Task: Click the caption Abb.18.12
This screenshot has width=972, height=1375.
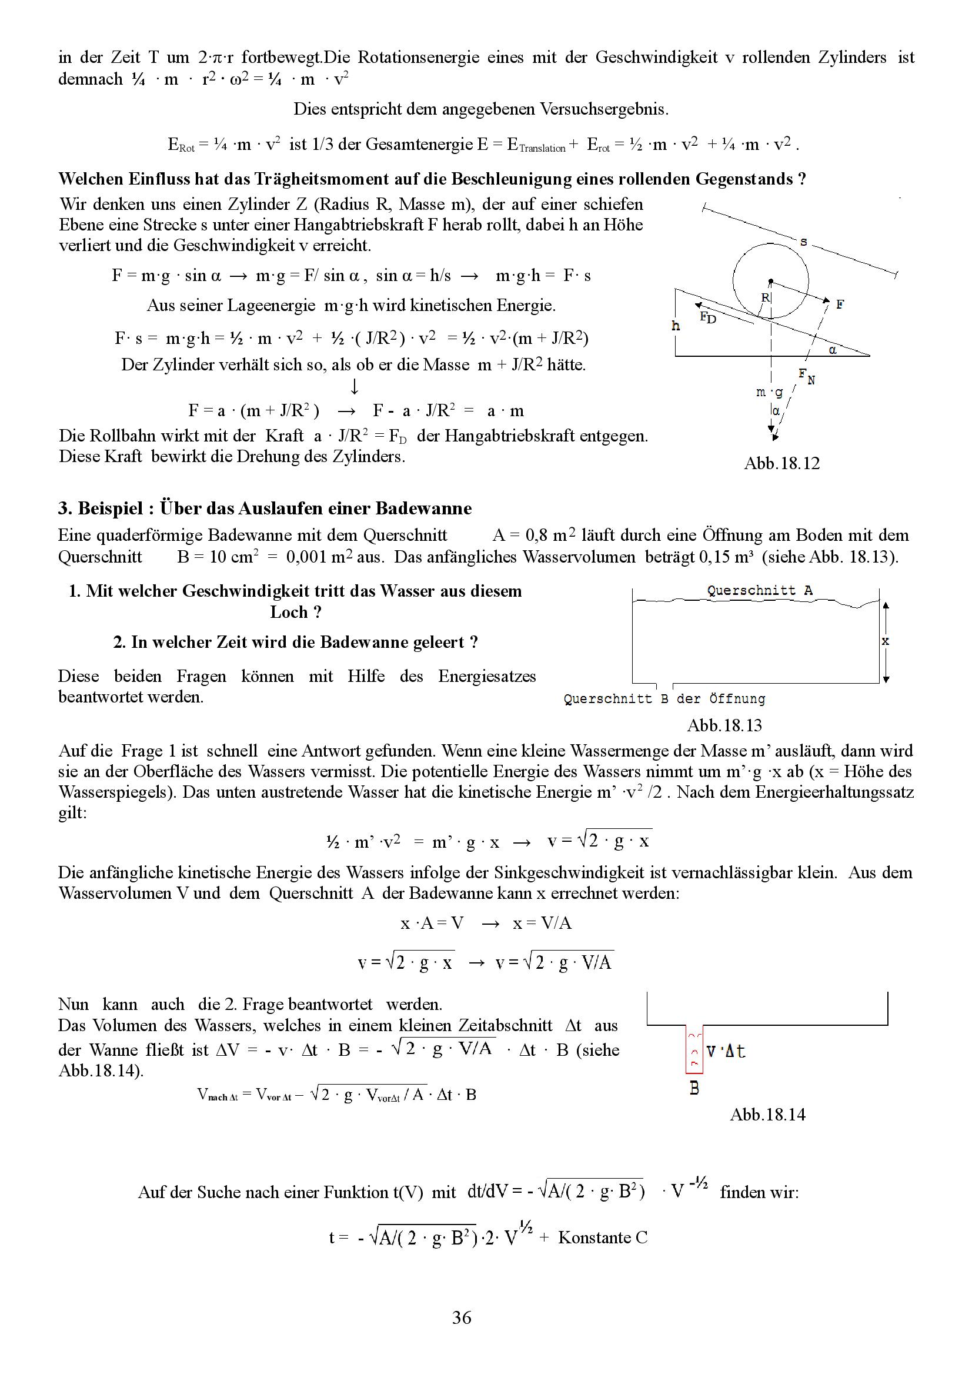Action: [x=781, y=463]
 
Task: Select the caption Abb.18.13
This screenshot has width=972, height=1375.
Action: [x=724, y=725]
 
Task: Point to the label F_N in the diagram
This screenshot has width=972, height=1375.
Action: [x=806, y=376]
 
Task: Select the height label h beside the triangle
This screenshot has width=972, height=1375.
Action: [x=676, y=326]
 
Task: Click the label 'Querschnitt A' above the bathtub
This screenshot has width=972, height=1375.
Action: [x=759, y=590]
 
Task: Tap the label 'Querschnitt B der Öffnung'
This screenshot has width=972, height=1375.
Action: [x=664, y=698]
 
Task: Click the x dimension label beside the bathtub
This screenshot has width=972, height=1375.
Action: [x=886, y=641]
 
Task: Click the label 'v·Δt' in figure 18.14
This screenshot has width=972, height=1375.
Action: [x=726, y=1051]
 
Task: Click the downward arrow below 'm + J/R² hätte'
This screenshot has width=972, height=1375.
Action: [x=354, y=386]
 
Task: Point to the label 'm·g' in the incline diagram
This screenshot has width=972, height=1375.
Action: [x=770, y=392]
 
